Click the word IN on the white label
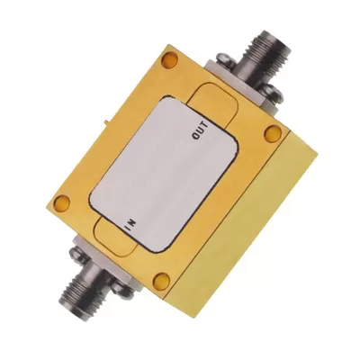[131, 224]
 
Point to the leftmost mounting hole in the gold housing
[62, 202]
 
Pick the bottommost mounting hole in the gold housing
[164, 279]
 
